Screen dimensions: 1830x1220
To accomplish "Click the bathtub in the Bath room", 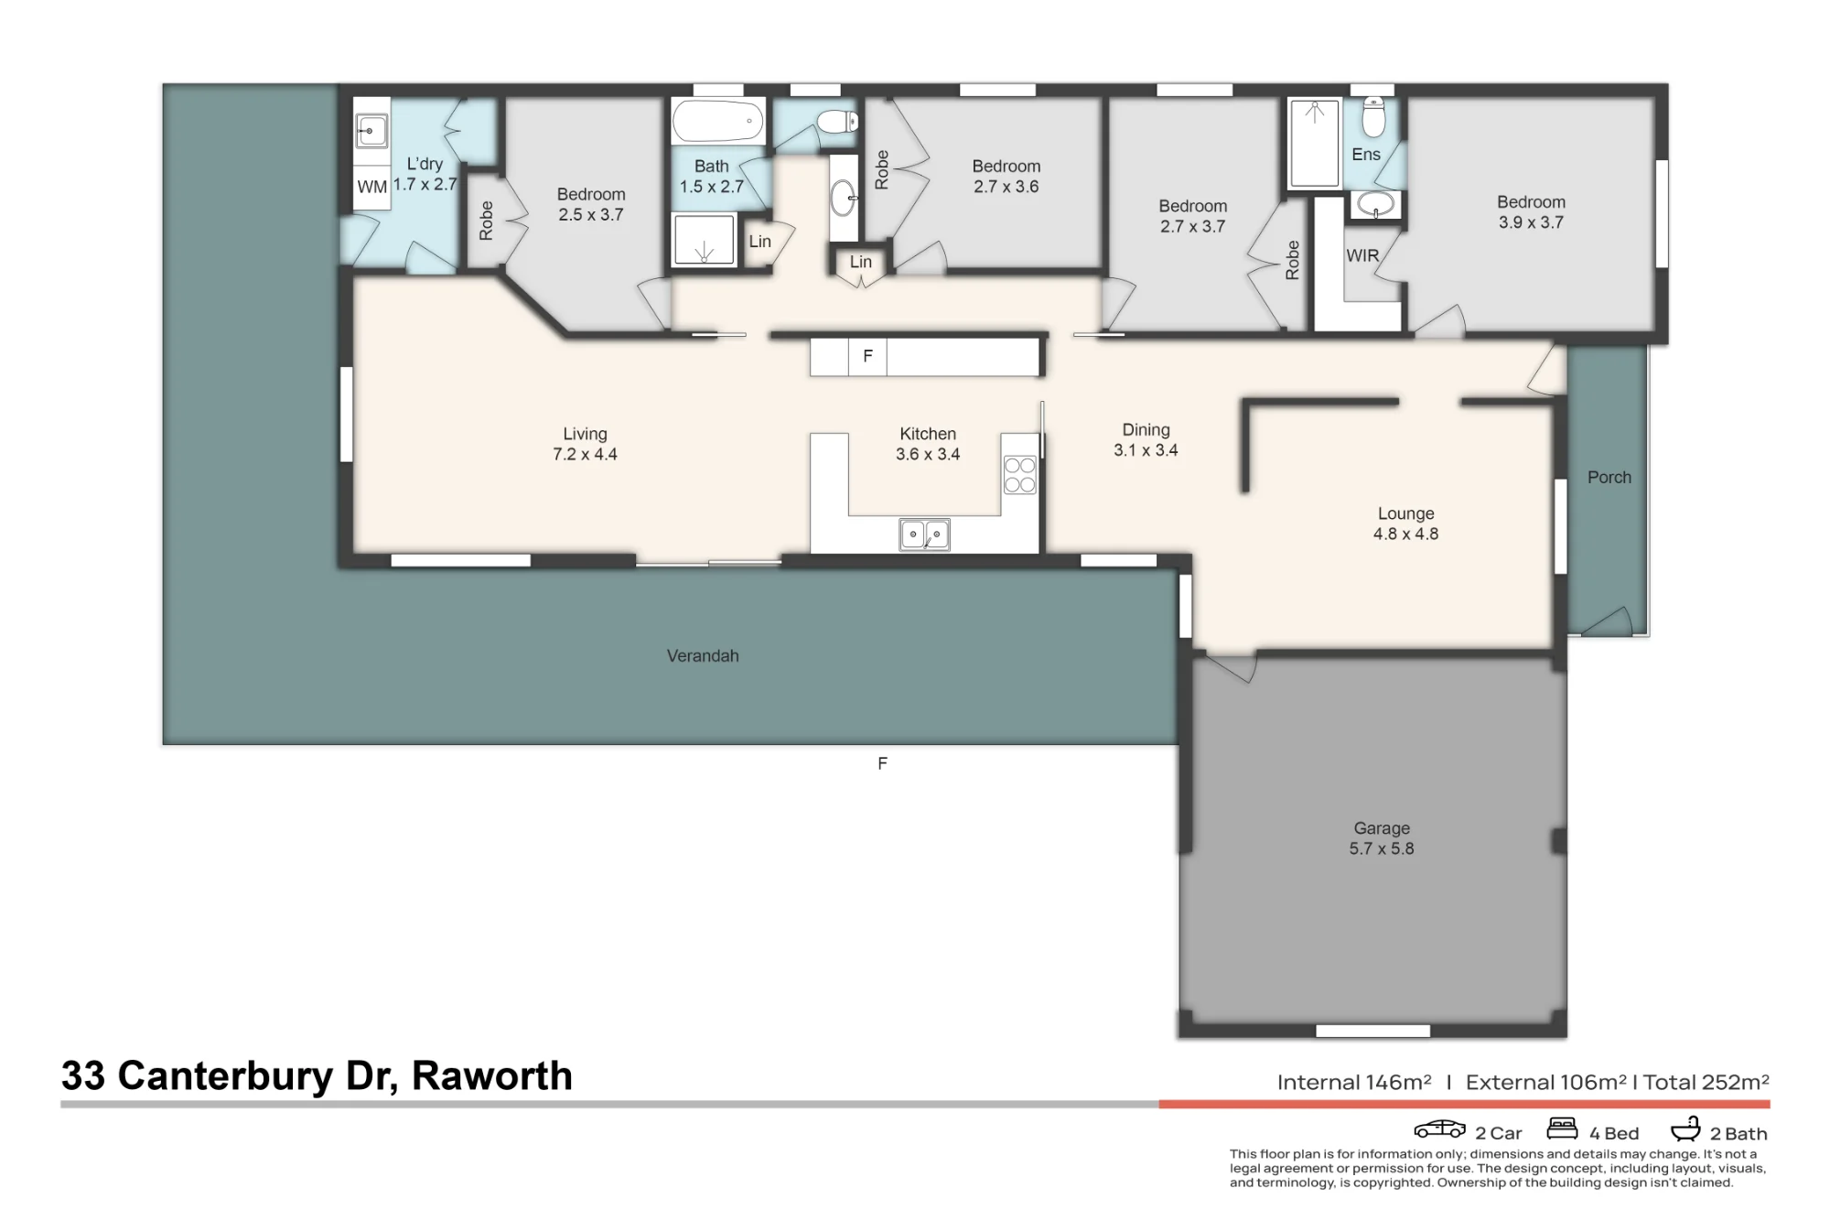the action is [x=718, y=121].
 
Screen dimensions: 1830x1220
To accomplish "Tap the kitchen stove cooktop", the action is [x=1019, y=475].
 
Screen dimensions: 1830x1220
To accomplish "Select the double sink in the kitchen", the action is [x=924, y=534].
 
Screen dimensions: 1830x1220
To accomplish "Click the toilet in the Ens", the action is [x=1373, y=116].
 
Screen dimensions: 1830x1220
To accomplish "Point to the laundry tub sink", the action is [x=371, y=131].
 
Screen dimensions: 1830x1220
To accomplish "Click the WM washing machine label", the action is [x=371, y=187].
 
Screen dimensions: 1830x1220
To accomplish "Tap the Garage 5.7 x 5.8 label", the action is [x=1382, y=838].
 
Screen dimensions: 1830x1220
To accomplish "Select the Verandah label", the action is [x=703, y=655].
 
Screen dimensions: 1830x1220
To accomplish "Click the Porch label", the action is [x=1609, y=477].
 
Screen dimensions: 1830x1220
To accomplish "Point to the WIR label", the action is [x=1362, y=255].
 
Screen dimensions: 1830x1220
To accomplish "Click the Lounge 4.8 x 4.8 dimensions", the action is [x=1405, y=534].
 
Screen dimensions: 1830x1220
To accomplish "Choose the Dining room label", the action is [x=1146, y=429].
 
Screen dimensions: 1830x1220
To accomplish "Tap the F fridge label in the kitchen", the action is [x=868, y=356].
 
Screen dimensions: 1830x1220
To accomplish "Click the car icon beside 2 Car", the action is [x=1440, y=1128].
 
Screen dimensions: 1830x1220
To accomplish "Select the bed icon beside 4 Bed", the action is [x=1563, y=1128].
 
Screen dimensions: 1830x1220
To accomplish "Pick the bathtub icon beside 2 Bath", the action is [x=1685, y=1128].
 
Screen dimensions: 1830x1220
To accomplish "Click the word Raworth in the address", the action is [x=492, y=1075].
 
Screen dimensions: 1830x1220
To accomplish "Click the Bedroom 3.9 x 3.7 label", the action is [x=1531, y=212].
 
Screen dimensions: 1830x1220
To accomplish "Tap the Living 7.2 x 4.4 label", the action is [x=585, y=444].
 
